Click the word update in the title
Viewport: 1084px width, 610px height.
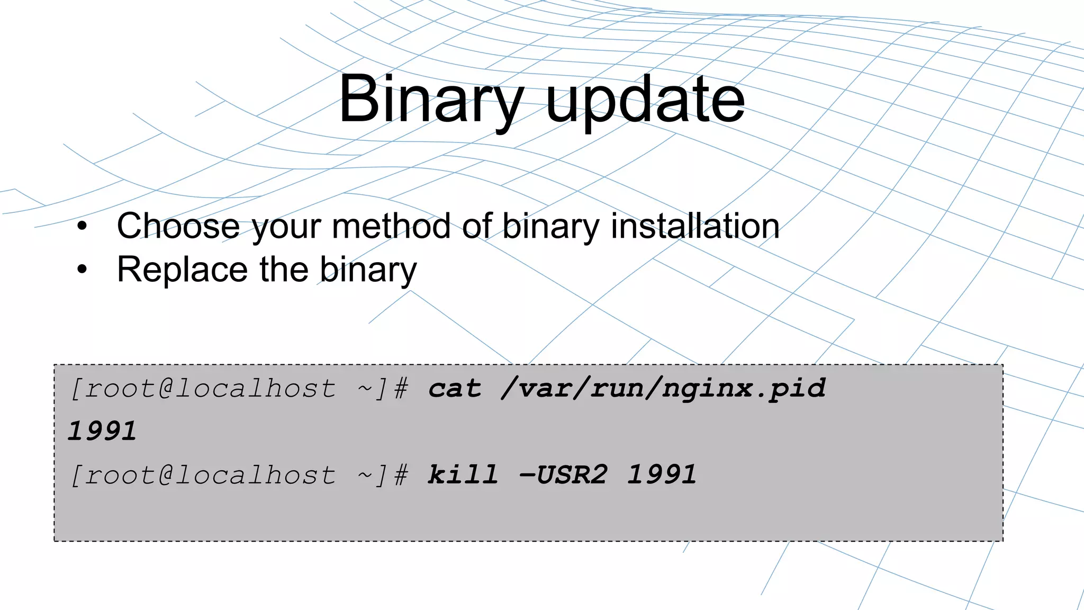coord(645,100)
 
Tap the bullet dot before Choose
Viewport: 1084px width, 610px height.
coord(82,227)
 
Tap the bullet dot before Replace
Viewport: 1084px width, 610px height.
coord(82,270)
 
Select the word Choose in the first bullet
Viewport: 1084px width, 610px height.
coord(178,226)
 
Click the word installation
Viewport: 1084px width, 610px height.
coord(695,226)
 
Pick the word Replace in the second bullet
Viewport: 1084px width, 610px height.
coord(182,270)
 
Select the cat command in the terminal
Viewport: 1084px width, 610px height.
coord(455,389)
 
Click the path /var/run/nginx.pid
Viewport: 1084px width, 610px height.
coord(663,389)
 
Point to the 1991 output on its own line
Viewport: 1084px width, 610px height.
coord(102,431)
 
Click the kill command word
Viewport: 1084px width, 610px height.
coord(463,474)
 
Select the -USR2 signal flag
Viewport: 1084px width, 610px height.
coord(563,474)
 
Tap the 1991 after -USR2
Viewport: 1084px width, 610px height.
coord(662,474)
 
